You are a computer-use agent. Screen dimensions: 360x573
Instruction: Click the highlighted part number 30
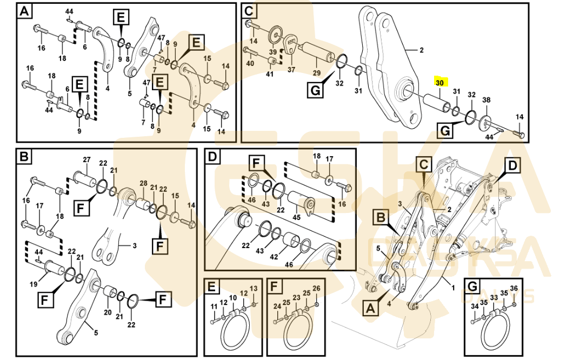coord(439,83)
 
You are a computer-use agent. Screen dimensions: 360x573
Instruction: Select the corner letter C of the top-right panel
coord(249,11)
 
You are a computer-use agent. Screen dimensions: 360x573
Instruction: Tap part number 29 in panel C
coord(316,72)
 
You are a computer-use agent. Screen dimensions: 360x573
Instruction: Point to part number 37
coord(291,70)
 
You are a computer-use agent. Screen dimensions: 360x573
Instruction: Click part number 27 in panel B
coord(86,159)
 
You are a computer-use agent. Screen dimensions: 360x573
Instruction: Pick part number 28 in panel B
coord(143,183)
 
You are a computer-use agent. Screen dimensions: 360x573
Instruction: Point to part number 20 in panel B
coord(107,313)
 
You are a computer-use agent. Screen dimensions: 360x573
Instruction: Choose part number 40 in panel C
coord(250,64)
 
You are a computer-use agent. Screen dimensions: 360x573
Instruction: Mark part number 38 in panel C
coord(486,100)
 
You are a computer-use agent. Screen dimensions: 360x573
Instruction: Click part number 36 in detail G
coord(514,289)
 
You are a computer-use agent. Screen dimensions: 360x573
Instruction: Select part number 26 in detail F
coord(316,288)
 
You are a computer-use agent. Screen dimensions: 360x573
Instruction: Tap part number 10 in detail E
coord(233,298)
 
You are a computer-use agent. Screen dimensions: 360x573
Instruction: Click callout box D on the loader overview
coord(512,164)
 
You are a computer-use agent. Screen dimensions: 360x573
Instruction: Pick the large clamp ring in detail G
coord(495,330)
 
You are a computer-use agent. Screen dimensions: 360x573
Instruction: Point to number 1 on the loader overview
coord(453,288)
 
